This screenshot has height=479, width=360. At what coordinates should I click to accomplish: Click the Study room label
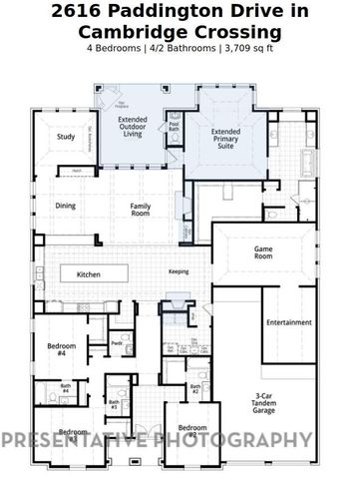tap(66, 137)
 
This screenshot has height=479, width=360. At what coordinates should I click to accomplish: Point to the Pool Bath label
tap(174, 128)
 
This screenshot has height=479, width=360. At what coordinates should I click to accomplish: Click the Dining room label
tap(65, 206)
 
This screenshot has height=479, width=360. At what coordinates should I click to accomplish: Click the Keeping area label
tap(179, 271)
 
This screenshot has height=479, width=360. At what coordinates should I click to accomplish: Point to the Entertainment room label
tap(289, 322)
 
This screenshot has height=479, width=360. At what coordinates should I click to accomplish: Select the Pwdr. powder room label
tap(117, 342)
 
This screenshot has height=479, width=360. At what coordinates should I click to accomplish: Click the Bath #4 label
tap(65, 387)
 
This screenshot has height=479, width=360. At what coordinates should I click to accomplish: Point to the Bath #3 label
tap(115, 405)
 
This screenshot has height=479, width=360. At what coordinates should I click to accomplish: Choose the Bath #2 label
tap(196, 388)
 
